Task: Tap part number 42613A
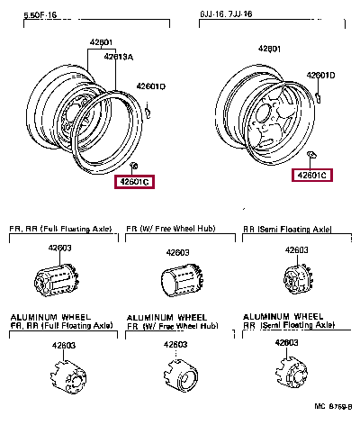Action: tap(118, 56)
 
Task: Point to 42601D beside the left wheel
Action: tap(150, 86)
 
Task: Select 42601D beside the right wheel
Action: tap(319, 75)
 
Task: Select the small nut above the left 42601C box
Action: tap(133, 167)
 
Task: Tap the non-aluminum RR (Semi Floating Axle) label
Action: tap(288, 231)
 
